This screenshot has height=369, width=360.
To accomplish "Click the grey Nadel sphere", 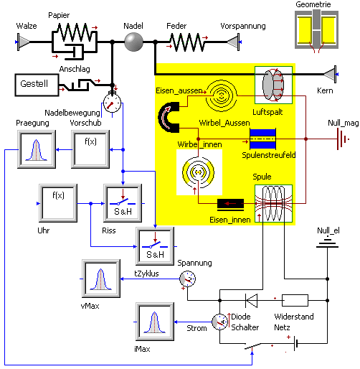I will [x=133, y=42].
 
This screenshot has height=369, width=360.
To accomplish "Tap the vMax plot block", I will [x=100, y=278].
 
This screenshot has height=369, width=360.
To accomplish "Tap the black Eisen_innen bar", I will [x=230, y=203].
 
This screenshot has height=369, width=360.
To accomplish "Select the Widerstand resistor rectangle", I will [x=295, y=300].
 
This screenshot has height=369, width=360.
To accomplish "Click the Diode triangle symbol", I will [x=251, y=300].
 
